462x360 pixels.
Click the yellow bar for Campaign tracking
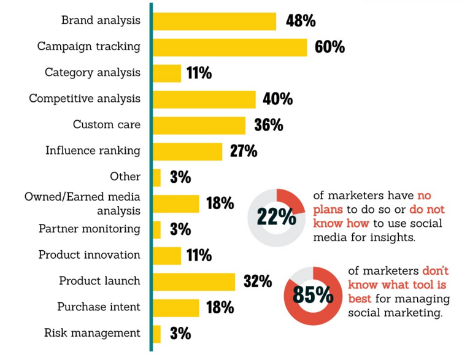(x=229, y=47)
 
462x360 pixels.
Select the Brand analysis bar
(x=214, y=21)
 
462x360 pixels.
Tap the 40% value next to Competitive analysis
(x=278, y=99)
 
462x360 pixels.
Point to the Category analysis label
(x=92, y=72)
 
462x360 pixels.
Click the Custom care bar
(x=199, y=125)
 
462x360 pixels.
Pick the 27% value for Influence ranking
(x=244, y=151)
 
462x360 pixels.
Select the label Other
(x=125, y=177)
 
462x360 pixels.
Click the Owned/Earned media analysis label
(x=82, y=204)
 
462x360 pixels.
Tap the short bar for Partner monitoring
(x=156, y=229)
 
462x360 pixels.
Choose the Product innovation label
(x=89, y=255)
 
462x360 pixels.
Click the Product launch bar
(x=194, y=281)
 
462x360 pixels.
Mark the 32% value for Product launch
(x=258, y=282)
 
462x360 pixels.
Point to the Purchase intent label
(x=98, y=307)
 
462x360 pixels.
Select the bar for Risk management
(x=156, y=334)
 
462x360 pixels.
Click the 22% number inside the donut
(x=276, y=218)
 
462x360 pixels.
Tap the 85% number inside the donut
(x=313, y=296)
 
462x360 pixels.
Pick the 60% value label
(x=329, y=47)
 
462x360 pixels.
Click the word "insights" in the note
(x=392, y=236)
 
